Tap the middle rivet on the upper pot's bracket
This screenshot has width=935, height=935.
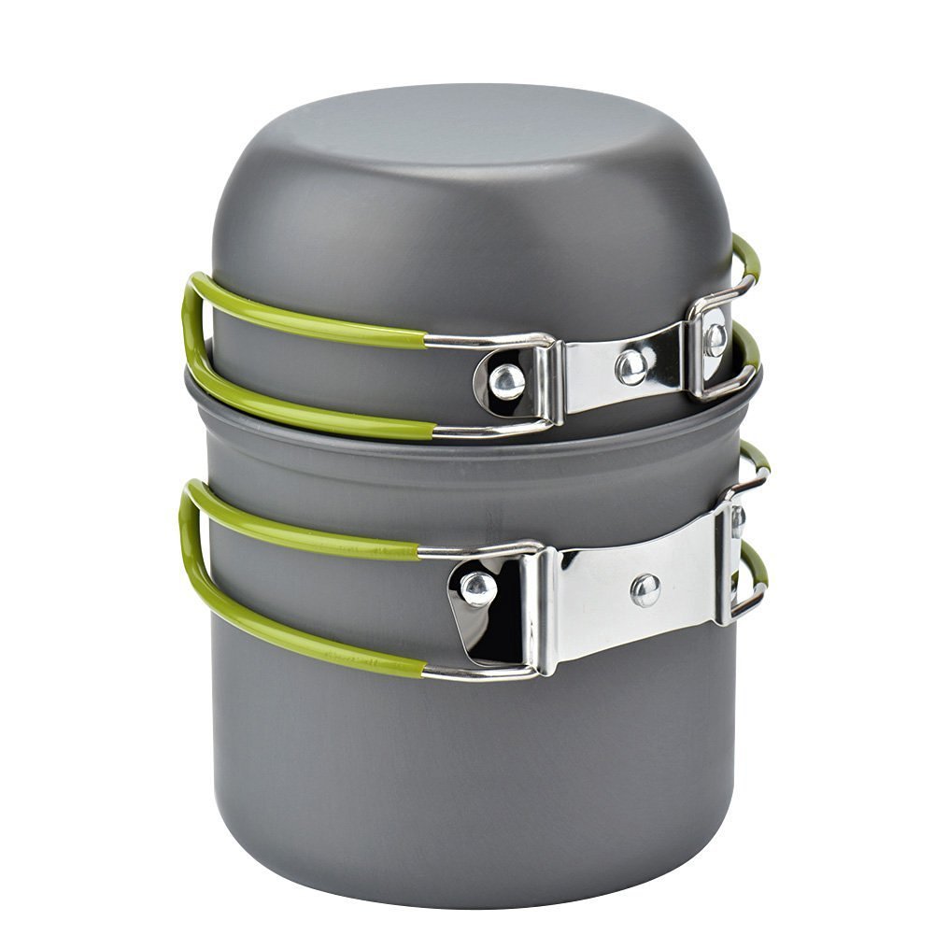coord(631,365)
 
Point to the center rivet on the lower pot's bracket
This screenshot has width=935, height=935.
coord(645,588)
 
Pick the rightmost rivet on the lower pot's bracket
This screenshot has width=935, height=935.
coord(738,519)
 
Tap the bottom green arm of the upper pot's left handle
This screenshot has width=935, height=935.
coord(308,411)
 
